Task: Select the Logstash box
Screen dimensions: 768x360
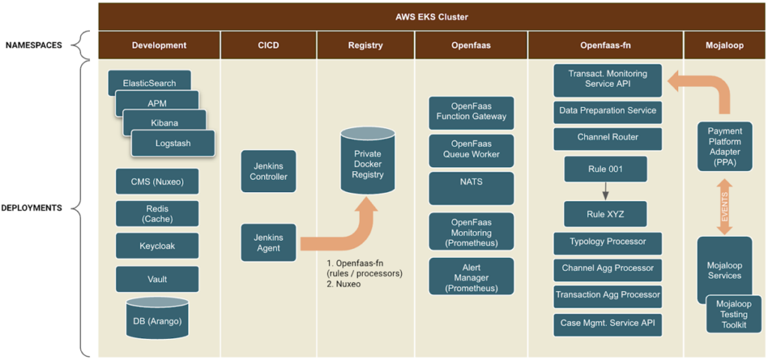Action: pos(173,143)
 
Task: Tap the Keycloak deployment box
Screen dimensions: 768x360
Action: pos(157,246)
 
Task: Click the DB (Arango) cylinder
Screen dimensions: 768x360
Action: pos(157,317)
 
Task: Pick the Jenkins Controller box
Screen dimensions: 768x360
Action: pos(268,171)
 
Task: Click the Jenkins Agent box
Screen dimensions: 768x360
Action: pos(268,242)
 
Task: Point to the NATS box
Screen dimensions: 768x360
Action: pos(471,188)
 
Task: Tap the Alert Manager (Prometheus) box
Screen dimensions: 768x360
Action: pos(471,276)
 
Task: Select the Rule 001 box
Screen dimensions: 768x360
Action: pos(605,169)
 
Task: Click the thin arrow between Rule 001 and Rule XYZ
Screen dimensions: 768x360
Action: pos(605,191)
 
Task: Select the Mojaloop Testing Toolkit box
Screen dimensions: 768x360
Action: pos(733,314)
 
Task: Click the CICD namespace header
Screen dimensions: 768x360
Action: pos(268,46)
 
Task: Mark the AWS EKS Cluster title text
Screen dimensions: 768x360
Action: pos(432,17)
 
